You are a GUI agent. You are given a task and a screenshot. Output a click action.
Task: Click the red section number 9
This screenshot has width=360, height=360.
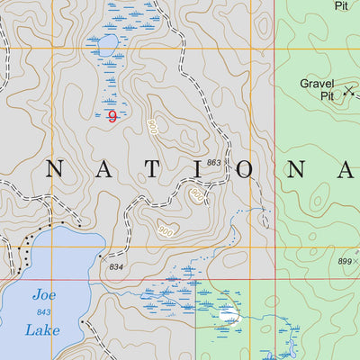[112, 115]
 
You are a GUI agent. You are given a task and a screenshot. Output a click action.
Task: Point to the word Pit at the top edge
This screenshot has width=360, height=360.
[340, 5]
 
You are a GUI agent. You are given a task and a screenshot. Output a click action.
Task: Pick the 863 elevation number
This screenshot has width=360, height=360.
[213, 162]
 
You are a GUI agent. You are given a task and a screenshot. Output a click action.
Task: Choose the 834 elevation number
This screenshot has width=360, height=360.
[115, 267]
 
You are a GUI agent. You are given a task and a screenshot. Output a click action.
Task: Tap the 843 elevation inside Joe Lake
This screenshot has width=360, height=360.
[43, 312]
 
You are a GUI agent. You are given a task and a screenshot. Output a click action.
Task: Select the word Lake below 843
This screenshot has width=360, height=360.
[43, 330]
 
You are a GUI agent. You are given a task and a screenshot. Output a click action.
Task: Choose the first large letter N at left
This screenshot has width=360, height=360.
[54, 169]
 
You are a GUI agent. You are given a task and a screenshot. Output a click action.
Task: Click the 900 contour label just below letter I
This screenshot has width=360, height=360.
[196, 193]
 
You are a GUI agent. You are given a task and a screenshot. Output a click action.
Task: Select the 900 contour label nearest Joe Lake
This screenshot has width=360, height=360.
[166, 229]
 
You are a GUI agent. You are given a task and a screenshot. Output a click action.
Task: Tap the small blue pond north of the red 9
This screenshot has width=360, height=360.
[105, 45]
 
